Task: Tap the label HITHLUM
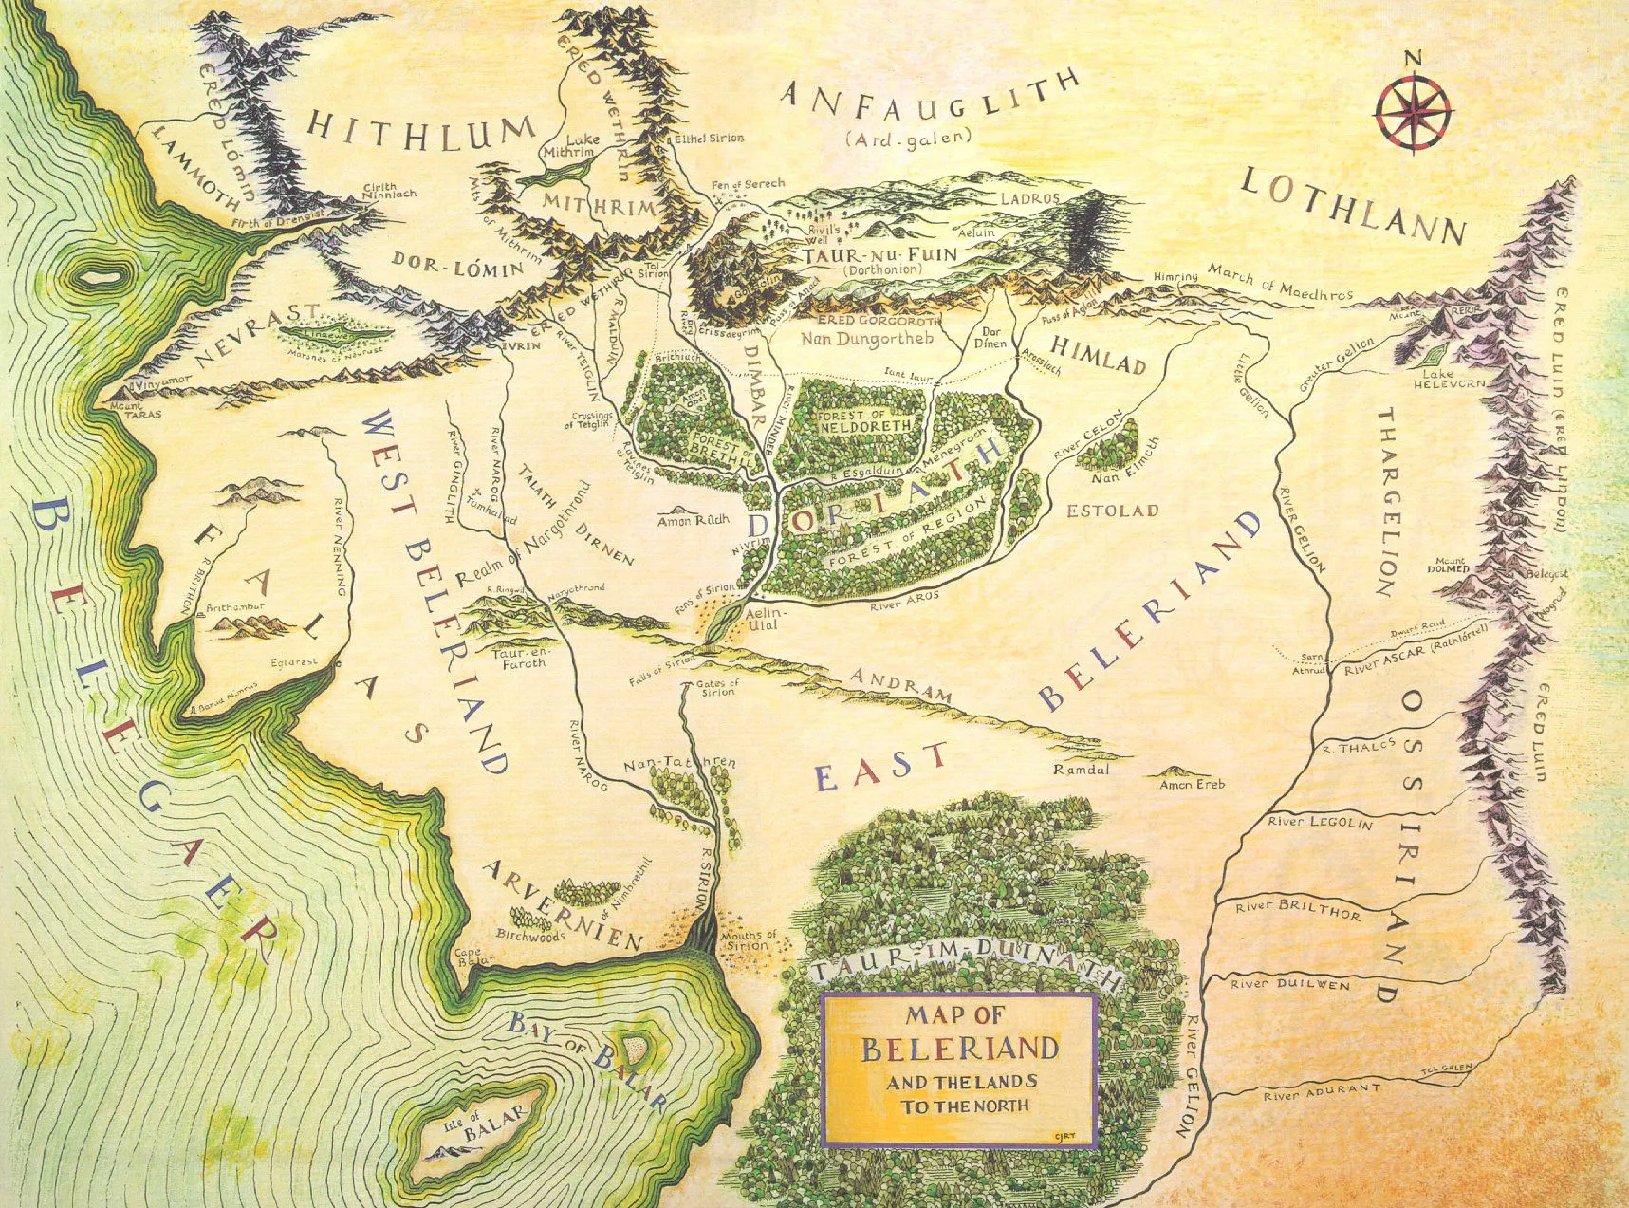tap(421, 131)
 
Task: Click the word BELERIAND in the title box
tap(959, 1049)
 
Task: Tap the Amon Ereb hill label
tap(1192, 784)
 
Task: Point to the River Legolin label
tap(1320, 822)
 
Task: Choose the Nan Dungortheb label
tap(867, 338)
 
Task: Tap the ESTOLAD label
tap(1112, 511)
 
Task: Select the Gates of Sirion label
tap(717, 687)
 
